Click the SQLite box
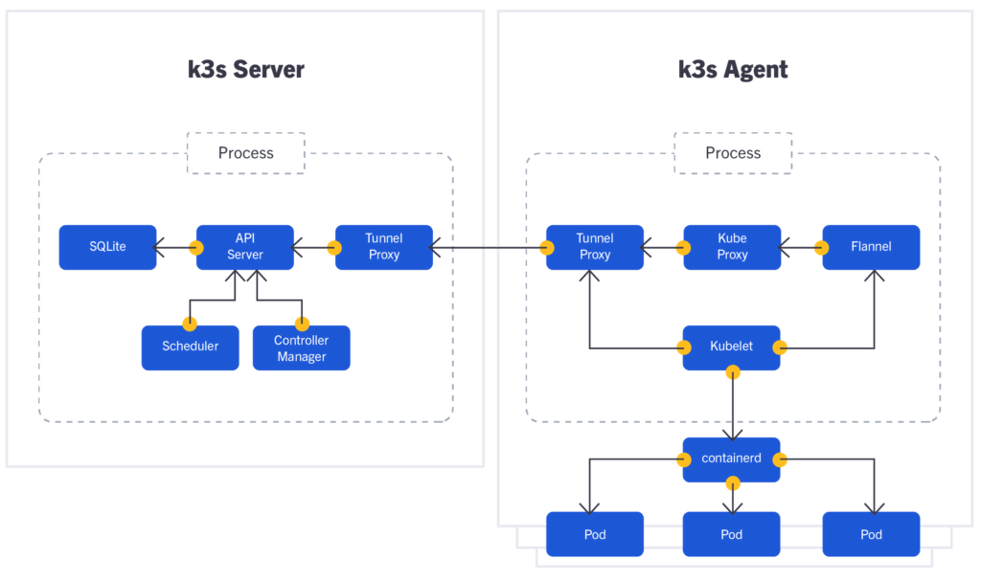coord(107,247)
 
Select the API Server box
coord(244,247)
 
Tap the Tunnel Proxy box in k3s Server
coord(383,247)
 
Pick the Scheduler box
coord(190,347)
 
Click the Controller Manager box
coord(301,347)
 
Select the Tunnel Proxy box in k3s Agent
coord(594,247)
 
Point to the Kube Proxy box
coord(732,247)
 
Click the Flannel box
coord(871,247)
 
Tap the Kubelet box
coord(731,347)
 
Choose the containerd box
coord(731,459)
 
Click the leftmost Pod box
coord(594,534)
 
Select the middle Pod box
coord(731,534)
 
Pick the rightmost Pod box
coord(871,534)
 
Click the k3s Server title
coord(245,70)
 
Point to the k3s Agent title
coord(732,70)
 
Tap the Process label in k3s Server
coord(245,153)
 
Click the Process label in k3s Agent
coord(733,153)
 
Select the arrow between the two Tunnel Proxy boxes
coord(489,249)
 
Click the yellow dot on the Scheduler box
coord(190,323)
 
